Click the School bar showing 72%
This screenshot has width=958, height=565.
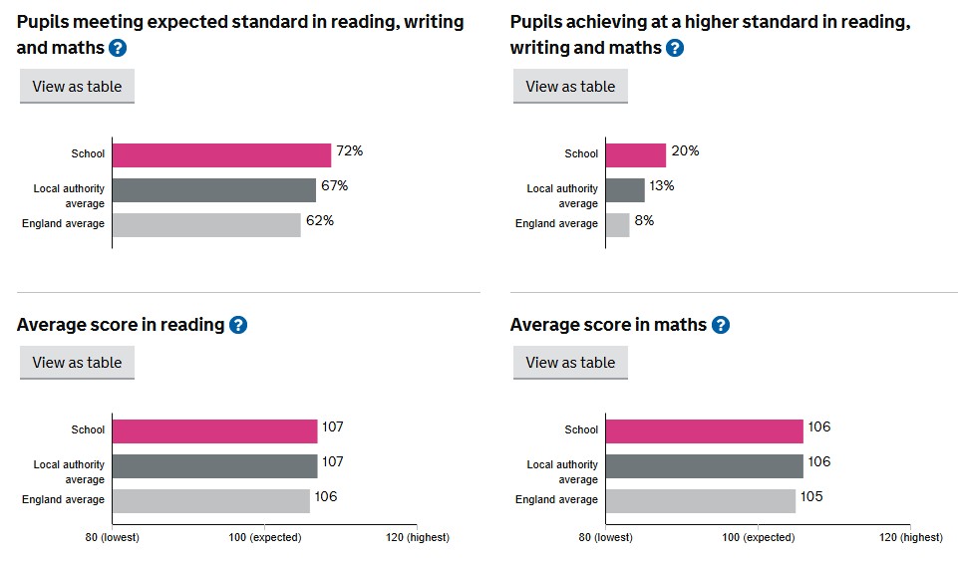pos(220,154)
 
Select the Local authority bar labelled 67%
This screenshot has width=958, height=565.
pos(213,190)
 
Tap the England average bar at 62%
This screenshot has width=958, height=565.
pos(205,225)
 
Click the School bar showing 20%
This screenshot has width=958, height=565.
pos(635,154)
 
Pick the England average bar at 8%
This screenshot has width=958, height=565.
pos(617,225)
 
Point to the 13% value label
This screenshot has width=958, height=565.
pos(662,186)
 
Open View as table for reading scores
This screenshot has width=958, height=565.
pos(77,363)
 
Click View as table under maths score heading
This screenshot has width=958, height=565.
pos(570,363)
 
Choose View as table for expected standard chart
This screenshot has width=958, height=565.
pos(77,87)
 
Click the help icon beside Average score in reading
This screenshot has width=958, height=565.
pos(238,325)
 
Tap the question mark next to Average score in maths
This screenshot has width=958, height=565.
pos(721,325)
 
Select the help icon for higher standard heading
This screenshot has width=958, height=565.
pos(675,48)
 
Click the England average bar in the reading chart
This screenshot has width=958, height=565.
pos(210,500)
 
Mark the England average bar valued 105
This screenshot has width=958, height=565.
pos(700,500)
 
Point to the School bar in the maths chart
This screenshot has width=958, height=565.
pos(704,430)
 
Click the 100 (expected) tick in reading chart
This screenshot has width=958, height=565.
pos(264,537)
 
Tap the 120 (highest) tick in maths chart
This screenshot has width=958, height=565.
pos(909,537)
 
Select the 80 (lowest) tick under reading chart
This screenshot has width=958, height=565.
pos(112,537)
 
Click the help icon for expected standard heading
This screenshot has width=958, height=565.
pos(118,48)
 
